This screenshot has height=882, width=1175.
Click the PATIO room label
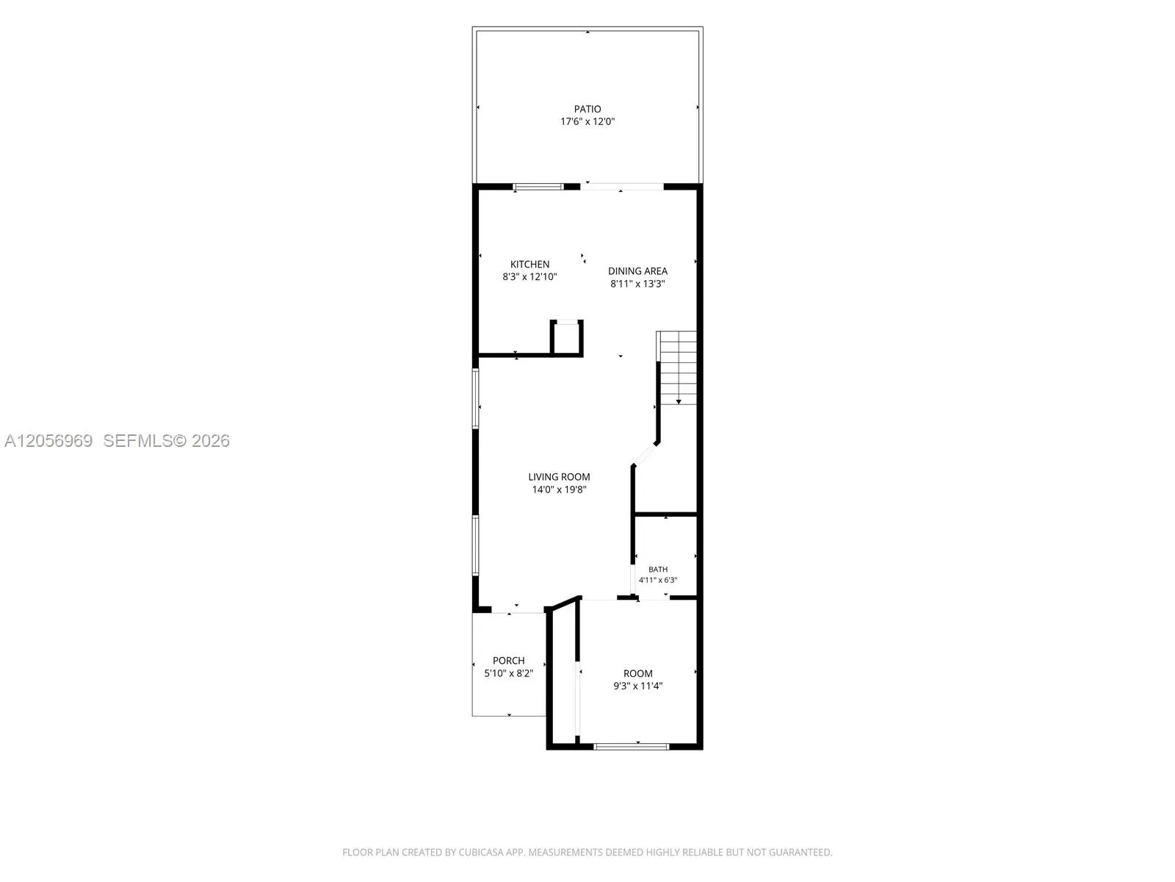[587, 110]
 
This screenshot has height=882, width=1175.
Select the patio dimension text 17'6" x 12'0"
[587, 121]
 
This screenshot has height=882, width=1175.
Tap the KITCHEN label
[529, 264]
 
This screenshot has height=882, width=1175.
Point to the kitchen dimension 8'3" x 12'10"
[529, 277]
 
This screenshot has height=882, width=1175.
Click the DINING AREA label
[637, 271]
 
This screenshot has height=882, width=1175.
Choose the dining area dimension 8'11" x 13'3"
[637, 284]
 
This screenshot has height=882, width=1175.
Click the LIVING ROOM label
[559, 476]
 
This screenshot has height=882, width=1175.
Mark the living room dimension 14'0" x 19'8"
[559, 490]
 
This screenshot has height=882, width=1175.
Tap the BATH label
[658, 569]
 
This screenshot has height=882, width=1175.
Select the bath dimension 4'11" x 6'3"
[658, 580]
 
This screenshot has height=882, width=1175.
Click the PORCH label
[508, 661]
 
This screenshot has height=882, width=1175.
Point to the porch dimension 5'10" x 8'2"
[508, 674]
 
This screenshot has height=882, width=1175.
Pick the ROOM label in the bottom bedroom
[637, 674]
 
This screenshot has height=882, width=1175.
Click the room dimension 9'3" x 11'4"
[637, 686]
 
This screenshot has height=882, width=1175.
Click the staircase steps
[678, 368]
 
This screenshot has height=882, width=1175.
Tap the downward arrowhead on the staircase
[679, 401]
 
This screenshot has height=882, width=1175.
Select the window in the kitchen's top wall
[538, 187]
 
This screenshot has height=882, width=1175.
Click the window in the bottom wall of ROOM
[631, 747]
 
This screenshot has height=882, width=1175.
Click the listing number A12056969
[48, 441]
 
